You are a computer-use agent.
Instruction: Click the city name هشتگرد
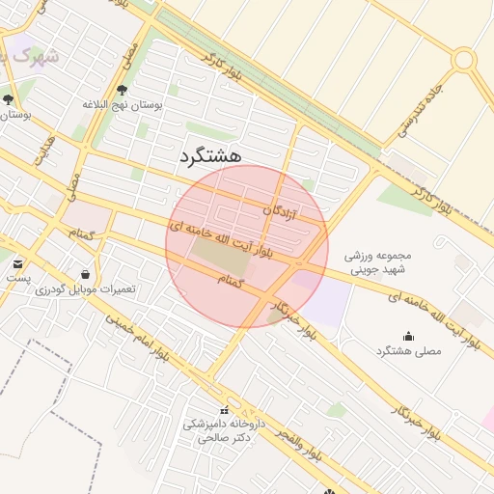pyautogui.click(x=210, y=155)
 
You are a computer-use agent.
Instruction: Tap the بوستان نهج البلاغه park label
pyautogui.click(x=123, y=103)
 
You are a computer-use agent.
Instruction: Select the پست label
pyautogui.click(x=17, y=277)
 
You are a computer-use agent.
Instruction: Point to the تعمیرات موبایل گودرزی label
pyautogui.click(x=86, y=288)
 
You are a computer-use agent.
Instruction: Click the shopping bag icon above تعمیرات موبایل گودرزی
pyautogui.click(x=87, y=274)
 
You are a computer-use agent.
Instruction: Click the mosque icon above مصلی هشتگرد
pyautogui.click(x=408, y=337)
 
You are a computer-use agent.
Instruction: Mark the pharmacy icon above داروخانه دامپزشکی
pyautogui.click(x=225, y=410)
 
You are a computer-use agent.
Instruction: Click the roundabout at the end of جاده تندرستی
pyautogui.click(x=464, y=60)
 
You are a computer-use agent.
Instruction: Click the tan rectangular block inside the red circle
pyautogui.click(x=220, y=255)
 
